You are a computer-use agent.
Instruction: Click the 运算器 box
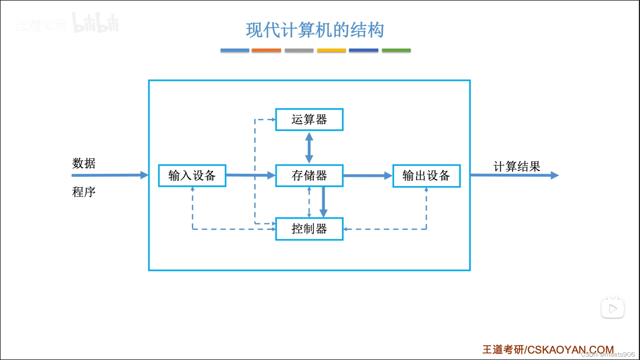(x=309, y=119)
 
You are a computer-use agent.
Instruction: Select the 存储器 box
(x=309, y=175)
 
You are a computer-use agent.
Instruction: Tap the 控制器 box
(x=309, y=229)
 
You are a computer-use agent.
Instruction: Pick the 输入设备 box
(x=192, y=175)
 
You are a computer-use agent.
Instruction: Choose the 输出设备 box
(x=426, y=176)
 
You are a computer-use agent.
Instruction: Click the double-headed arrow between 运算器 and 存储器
(x=309, y=147)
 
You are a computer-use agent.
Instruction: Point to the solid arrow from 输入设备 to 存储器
(x=250, y=175)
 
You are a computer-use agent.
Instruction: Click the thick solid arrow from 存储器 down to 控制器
(x=323, y=202)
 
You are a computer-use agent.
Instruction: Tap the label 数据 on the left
(x=84, y=163)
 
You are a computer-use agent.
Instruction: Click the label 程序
(x=84, y=192)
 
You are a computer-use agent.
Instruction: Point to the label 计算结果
(x=517, y=166)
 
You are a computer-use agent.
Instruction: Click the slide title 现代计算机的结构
(x=315, y=30)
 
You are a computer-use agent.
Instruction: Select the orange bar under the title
(x=266, y=50)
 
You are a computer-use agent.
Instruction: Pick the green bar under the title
(x=396, y=50)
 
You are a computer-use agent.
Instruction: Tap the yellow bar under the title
(x=331, y=50)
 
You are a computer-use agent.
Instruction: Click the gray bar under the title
(x=299, y=50)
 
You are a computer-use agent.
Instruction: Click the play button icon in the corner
(x=612, y=308)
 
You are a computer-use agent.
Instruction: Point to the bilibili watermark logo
(x=95, y=23)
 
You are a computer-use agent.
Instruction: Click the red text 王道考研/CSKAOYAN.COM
(x=548, y=349)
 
